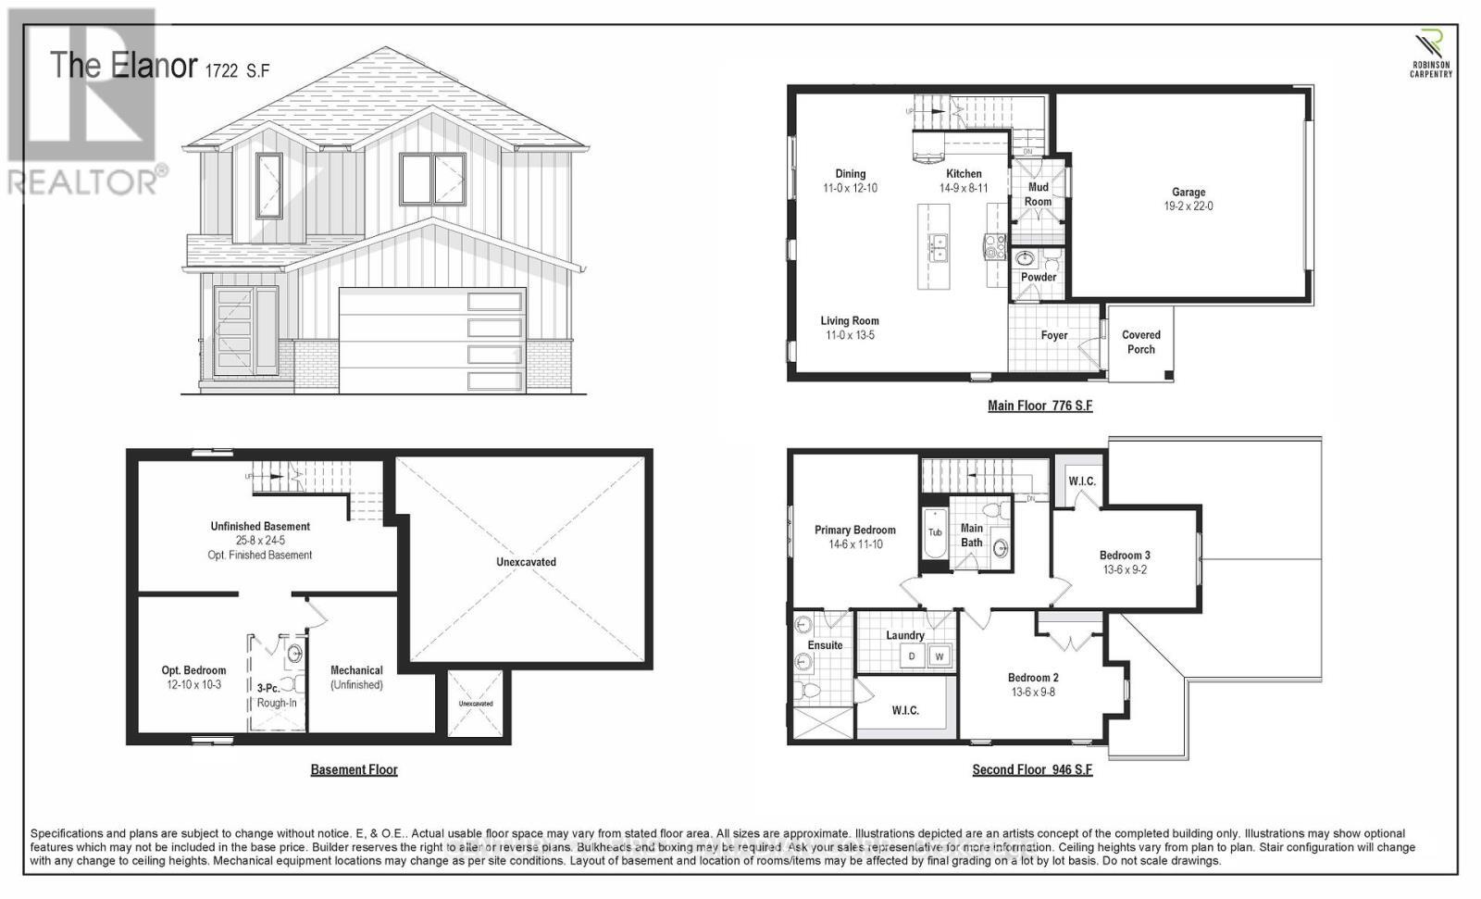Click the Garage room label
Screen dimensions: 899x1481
tap(1189, 193)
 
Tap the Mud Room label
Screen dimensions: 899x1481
tap(1038, 194)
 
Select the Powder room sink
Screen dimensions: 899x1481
tap(1025, 258)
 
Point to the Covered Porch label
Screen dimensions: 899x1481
tap(1140, 342)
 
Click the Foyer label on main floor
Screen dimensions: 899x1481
tap(1053, 335)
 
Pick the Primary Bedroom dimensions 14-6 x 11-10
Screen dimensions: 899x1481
tap(855, 544)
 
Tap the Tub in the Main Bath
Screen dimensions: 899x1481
tap(935, 532)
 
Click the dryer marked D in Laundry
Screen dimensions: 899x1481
tap(912, 656)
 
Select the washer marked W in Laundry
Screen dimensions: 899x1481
tap(940, 656)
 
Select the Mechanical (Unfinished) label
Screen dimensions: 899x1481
tap(356, 677)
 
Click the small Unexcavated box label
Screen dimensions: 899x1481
tap(476, 704)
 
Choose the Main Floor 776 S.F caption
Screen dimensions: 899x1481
tap(1039, 406)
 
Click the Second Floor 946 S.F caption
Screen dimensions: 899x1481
tap(1032, 769)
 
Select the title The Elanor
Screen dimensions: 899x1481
tap(123, 66)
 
